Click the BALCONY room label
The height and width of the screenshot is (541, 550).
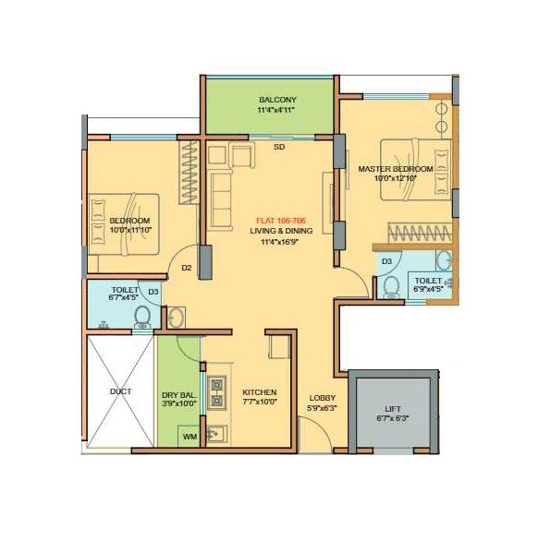(277, 100)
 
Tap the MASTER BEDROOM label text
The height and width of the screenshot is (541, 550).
(396, 169)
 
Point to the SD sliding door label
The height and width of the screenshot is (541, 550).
(278, 146)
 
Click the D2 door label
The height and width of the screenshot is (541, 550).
(186, 269)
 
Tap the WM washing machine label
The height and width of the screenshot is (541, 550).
(189, 436)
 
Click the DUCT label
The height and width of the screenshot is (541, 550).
(120, 391)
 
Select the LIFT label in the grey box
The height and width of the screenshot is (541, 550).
(393, 409)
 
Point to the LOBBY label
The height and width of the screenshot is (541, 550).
(322, 398)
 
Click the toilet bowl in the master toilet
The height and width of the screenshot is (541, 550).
(391, 288)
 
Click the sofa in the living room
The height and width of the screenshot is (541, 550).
(222, 193)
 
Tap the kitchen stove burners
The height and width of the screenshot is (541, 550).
(218, 391)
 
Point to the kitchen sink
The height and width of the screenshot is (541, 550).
(216, 432)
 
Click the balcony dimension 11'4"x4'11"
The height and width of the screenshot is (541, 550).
(277, 111)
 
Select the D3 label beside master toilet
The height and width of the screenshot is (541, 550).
(387, 261)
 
